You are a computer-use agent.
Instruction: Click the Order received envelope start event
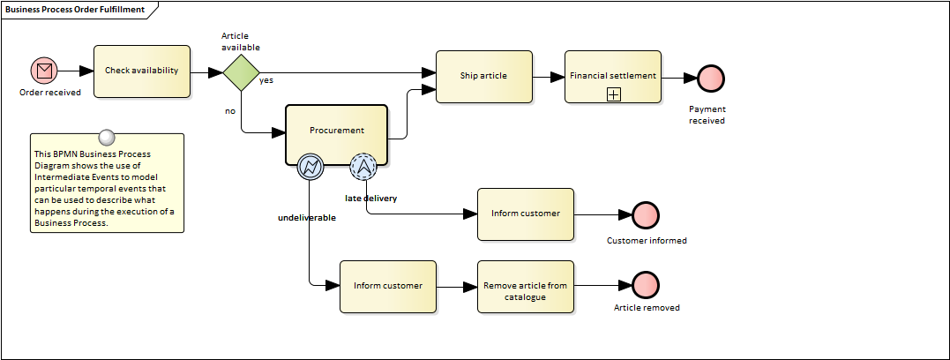pos(43,71)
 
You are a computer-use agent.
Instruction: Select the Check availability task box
pos(141,71)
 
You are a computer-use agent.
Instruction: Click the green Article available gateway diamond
pos(240,71)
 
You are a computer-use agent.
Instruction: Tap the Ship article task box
pos(483,76)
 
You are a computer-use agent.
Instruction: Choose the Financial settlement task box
pos(612,76)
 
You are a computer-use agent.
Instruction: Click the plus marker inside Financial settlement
pos(614,94)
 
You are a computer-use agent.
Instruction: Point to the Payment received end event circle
pos(709,79)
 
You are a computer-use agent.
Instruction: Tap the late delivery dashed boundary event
pos(363,165)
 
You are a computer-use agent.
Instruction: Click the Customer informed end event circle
pos(646,214)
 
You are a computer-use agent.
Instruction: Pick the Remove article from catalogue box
pos(525,286)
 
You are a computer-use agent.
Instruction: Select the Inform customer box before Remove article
pos(387,286)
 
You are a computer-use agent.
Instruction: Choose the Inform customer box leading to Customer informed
pos(525,214)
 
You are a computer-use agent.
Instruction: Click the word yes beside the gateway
pos(266,80)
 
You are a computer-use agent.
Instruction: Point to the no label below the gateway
pos(230,111)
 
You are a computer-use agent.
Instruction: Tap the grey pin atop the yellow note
pos(107,137)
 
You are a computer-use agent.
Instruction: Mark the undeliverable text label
pos(307,217)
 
